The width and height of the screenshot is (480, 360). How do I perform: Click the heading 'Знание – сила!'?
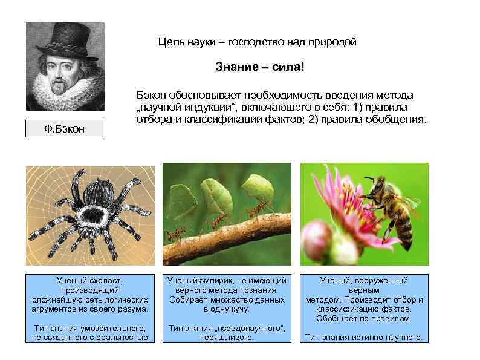point(260,67)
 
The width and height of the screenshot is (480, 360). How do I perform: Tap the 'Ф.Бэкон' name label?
point(64,129)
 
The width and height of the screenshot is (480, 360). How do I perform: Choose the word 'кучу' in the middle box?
point(238,309)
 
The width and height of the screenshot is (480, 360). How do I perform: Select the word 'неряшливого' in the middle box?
point(227,338)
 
